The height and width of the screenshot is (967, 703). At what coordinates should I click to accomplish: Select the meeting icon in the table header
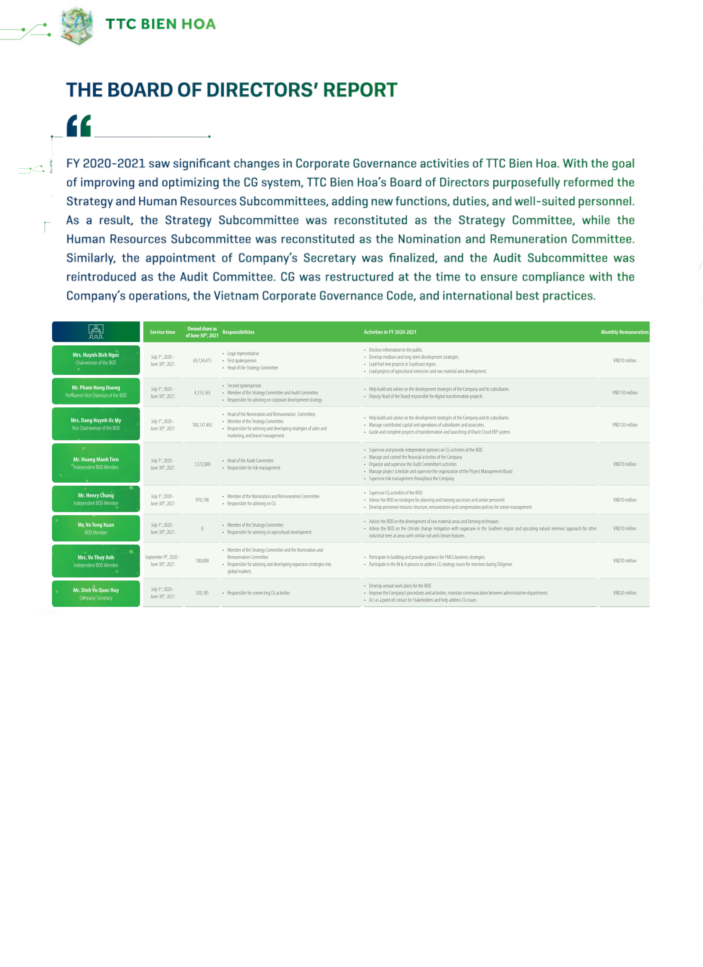(x=96, y=332)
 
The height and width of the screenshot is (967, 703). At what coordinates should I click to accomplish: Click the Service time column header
(x=162, y=332)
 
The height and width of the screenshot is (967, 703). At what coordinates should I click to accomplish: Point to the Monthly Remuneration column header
(x=624, y=332)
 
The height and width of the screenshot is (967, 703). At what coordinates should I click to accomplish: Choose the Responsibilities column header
(x=238, y=332)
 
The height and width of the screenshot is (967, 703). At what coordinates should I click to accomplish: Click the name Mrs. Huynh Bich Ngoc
(x=96, y=355)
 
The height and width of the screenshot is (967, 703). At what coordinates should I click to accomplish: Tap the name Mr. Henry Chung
(x=96, y=495)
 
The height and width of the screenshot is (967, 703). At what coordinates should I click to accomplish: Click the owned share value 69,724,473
(x=202, y=361)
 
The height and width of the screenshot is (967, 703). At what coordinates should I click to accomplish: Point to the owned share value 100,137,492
(x=202, y=425)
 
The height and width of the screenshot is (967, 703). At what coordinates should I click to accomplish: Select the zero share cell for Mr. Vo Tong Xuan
(x=202, y=529)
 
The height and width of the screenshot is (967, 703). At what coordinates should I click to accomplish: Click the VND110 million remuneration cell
(x=624, y=393)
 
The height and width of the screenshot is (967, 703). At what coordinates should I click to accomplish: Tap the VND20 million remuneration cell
(x=624, y=593)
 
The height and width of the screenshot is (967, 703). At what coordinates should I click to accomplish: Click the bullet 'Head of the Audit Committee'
(x=250, y=460)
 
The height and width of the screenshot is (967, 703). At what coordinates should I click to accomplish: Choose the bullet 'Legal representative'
(x=243, y=353)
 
